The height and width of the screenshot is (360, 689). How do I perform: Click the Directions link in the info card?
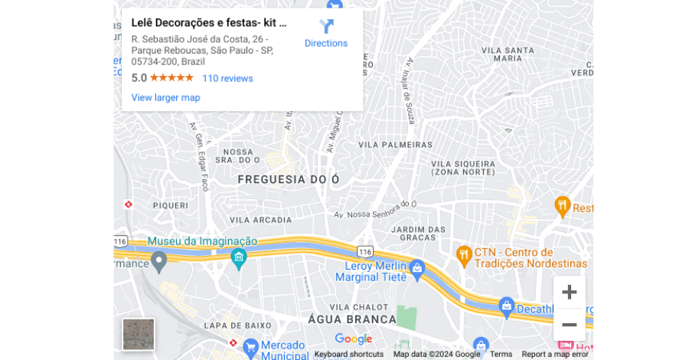pyautogui.click(x=326, y=34)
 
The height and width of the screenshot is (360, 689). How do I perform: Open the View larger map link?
pyautogui.click(x=165, y=97)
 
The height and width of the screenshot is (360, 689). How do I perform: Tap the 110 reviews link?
pyautogui.click(x=227, y=78)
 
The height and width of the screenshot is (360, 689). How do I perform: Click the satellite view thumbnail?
pyautogui.click(x=139, y=334)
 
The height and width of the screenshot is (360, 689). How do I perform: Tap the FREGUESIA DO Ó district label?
pyautogui.click(x=288, y=179)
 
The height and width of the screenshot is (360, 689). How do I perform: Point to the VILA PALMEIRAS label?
pyautogui.click(x=396, y=144)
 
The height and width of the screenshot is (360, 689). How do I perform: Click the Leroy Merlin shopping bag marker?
pyautogui.click(x=417, y=267)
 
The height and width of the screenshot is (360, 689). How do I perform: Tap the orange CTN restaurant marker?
pyautogui.click(x=463, y=254)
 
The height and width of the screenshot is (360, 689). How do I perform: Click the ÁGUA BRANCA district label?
pyautogui.click(x=352, y=319)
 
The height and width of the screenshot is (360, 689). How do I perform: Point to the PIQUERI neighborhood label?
pyautogui.click(x=170, y=205)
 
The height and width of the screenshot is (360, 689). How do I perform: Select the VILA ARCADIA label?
pyautogui.click(x=261, y=220)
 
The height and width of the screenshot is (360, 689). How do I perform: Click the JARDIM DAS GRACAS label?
pyautogui.click(x=418, y=234)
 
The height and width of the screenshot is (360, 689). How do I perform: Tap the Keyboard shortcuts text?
pyautogui.click(x=348, y=354)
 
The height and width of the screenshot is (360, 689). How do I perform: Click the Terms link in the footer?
pyautogui.click(x=501, y=354)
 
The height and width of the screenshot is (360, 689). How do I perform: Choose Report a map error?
pyautogui.click(x=555, y=354)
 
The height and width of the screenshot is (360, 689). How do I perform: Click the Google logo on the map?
pyautogui.click(x=353, y=339)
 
